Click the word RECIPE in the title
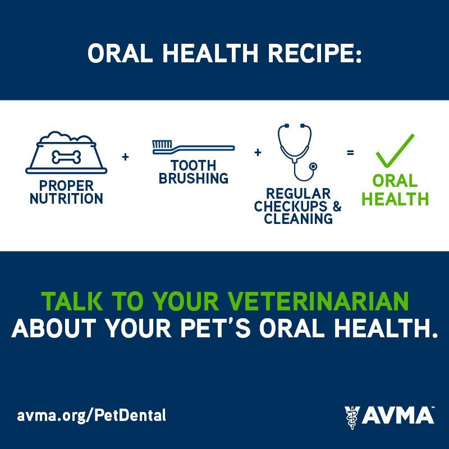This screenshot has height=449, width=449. tap(315, 53)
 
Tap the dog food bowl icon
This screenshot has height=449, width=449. tap(66, 153)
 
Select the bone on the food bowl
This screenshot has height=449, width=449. tap(66, 157)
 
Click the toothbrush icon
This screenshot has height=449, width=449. tap(193, 147)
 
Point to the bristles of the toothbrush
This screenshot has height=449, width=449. tap(162, 144)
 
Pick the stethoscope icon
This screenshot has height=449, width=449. tap(297, 152)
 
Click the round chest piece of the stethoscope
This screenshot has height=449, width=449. tap(314, 166)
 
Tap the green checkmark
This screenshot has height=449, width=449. tap(395, 150)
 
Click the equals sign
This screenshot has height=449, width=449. tap(350, 153)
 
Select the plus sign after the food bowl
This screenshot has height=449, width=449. tap(125, 157)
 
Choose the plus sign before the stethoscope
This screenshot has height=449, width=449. tap(258, 152)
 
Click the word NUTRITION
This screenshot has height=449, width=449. tap(66, 199)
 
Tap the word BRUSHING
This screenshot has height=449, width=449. tap(194, 178)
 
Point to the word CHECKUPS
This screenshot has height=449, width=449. tap(291, 206)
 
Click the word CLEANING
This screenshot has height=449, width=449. tap(299, 219)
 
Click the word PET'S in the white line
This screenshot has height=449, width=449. tap(216, 328)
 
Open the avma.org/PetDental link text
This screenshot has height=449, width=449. tap(91, 415)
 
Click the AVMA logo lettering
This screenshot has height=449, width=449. tap(398, 415)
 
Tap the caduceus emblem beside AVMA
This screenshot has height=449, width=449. tap(352, 418)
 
